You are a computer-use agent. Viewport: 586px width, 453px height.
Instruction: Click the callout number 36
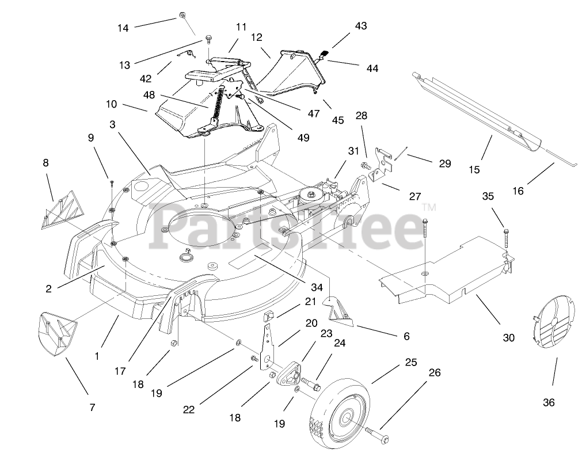tap(549, 402)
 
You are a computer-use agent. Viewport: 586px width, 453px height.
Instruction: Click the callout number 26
tap(434, 373)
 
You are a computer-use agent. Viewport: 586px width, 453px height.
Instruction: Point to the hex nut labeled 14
tap(182, 14)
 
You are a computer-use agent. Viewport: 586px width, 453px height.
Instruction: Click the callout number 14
tap(123, 28)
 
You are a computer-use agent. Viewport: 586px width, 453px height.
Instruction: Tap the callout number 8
tap(46, 163)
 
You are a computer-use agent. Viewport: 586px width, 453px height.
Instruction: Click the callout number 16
tap(518, 191)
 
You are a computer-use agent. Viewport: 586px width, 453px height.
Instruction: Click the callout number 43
tap(361, 26)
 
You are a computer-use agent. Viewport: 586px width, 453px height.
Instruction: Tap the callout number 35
tap(488, 196)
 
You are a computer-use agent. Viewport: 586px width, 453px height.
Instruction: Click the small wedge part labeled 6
tap(339, 309)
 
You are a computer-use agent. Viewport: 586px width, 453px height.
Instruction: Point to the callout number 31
tap(353, 151)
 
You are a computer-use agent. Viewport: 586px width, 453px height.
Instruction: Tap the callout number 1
tap(97, 356)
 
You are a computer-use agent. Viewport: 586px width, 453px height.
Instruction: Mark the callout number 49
tap(303, 138)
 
